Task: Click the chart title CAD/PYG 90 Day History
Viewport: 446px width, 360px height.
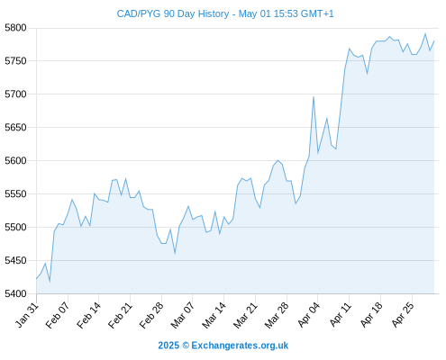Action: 173,13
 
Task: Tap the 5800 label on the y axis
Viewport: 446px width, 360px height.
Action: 15,28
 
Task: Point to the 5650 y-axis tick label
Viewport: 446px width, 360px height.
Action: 15,128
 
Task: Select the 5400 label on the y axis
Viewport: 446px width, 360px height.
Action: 15,293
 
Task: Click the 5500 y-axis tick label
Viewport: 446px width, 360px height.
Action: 15,227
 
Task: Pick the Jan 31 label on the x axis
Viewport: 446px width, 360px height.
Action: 27,315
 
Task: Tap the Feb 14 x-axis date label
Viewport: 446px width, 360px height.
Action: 88,316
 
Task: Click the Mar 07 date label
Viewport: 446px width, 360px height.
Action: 183,316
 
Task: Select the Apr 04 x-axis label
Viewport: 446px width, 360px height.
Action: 309,315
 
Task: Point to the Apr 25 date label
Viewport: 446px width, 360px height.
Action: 403,315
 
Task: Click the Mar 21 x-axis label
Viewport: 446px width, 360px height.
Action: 245,316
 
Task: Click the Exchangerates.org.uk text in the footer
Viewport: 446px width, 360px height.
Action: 240,346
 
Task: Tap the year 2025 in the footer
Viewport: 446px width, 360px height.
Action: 168,346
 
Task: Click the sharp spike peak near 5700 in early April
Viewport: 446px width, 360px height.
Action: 314,96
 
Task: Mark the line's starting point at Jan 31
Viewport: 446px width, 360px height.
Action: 37,279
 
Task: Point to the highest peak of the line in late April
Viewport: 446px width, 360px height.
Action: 425,33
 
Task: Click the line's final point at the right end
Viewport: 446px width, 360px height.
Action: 434,40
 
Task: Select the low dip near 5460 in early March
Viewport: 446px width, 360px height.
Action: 175,253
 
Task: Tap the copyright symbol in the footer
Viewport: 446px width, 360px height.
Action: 186,346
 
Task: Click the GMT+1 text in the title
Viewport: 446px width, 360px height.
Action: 317,13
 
